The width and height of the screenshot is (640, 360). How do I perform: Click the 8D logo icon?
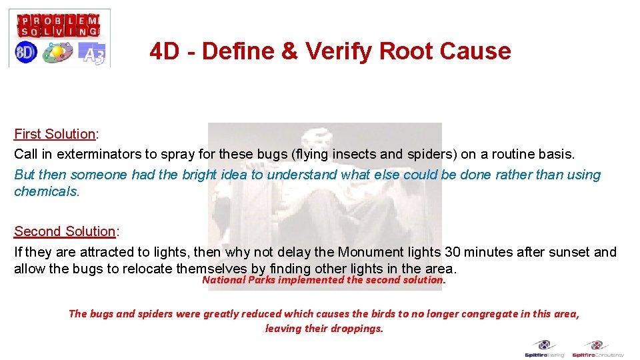tap(26, 53)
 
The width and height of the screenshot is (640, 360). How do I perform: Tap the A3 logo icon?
tap(92, 53)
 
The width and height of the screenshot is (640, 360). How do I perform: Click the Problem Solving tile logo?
tap(59, 25)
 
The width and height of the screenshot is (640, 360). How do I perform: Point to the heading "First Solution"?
tap(55, 134)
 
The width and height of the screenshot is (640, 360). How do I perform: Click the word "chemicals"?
tap(46, 191)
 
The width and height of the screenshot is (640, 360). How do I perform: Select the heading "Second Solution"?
tap(65, 231)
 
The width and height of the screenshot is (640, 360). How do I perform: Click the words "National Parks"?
tap(239, 280)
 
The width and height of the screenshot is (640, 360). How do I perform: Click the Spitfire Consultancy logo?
tap(598, 348)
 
